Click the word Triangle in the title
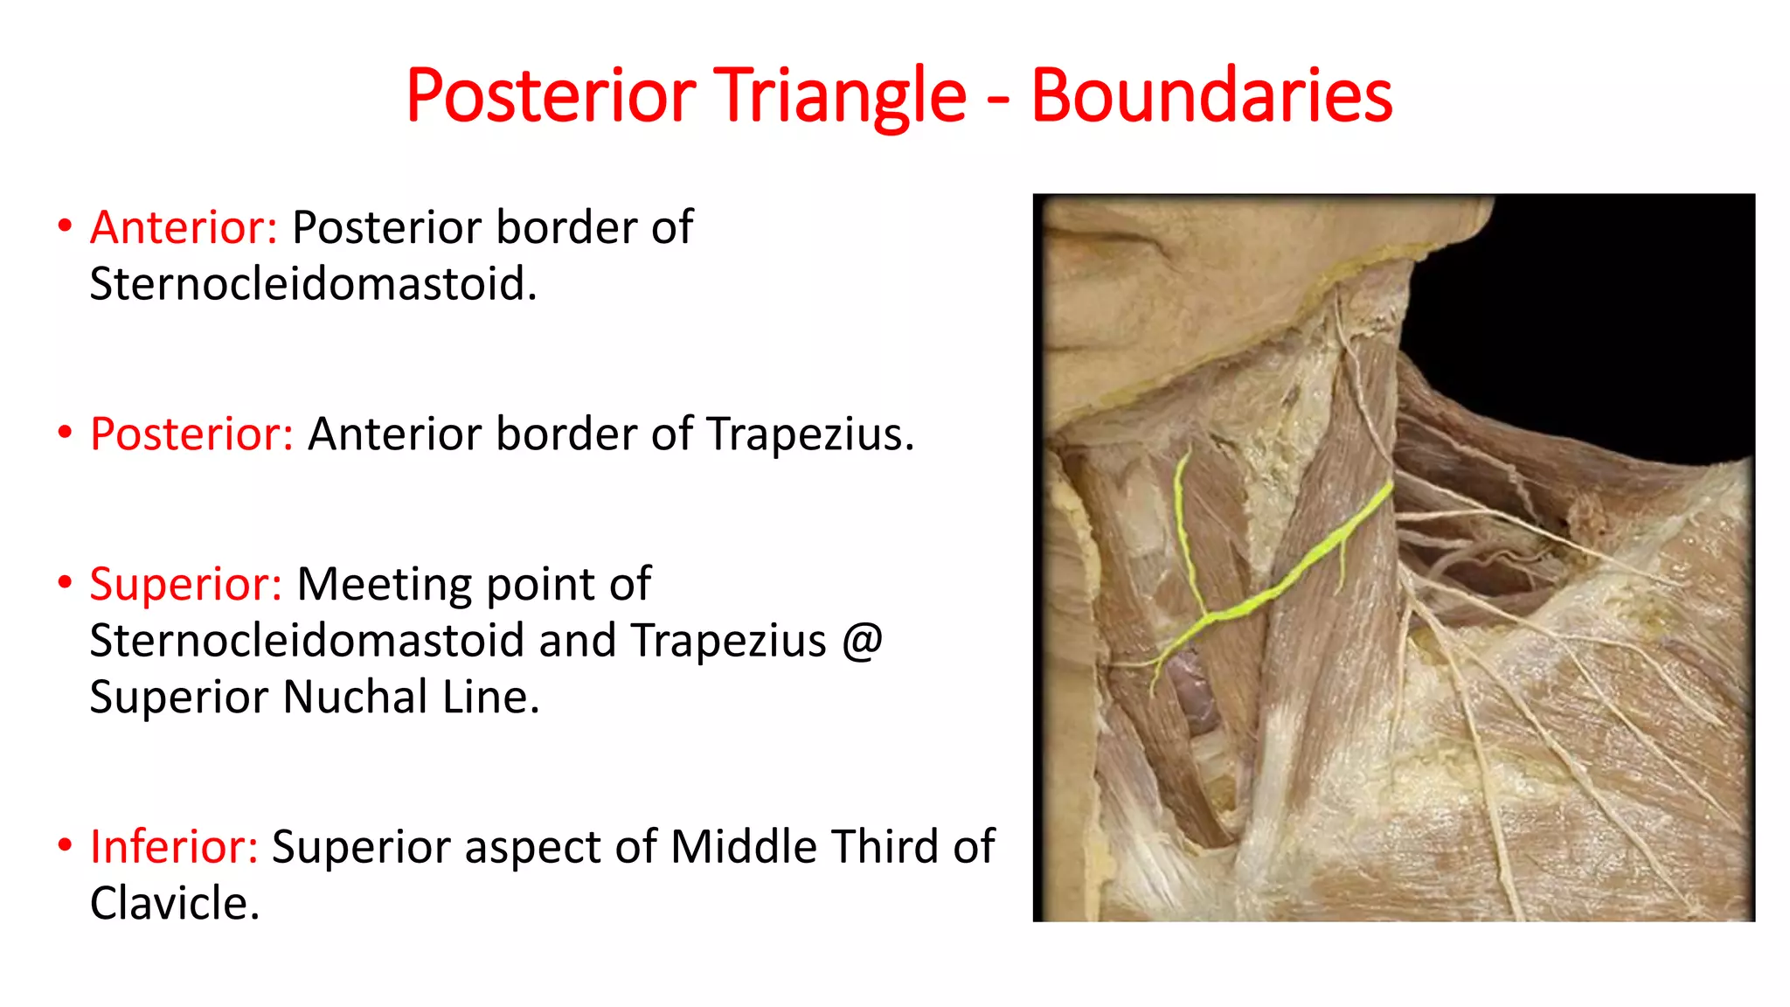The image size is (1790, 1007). pyautogui.click(x=841, y=96)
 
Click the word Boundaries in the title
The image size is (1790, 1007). pyautogui.click(x=1211, y=96)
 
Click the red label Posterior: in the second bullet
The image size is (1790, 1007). pyautogui.click(x=191, y=434)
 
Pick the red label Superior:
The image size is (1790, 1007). pyautogui.click(x=185, y=584)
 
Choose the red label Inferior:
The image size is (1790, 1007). pyautogui.click(x=174, y=847)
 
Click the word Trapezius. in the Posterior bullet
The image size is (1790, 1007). pyautogui.click(x=809, y=434)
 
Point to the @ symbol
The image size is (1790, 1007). pyautogui.click(x=863, y=641)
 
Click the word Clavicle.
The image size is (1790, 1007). pyautogui.click(x=174, y=904)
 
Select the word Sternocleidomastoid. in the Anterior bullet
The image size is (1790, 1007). pyautogui.click(x=313, y=284)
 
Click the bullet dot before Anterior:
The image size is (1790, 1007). pyautogui.click(x=65, y=226)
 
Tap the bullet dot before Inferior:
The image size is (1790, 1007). pyautogui.click(x=65, y=845)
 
